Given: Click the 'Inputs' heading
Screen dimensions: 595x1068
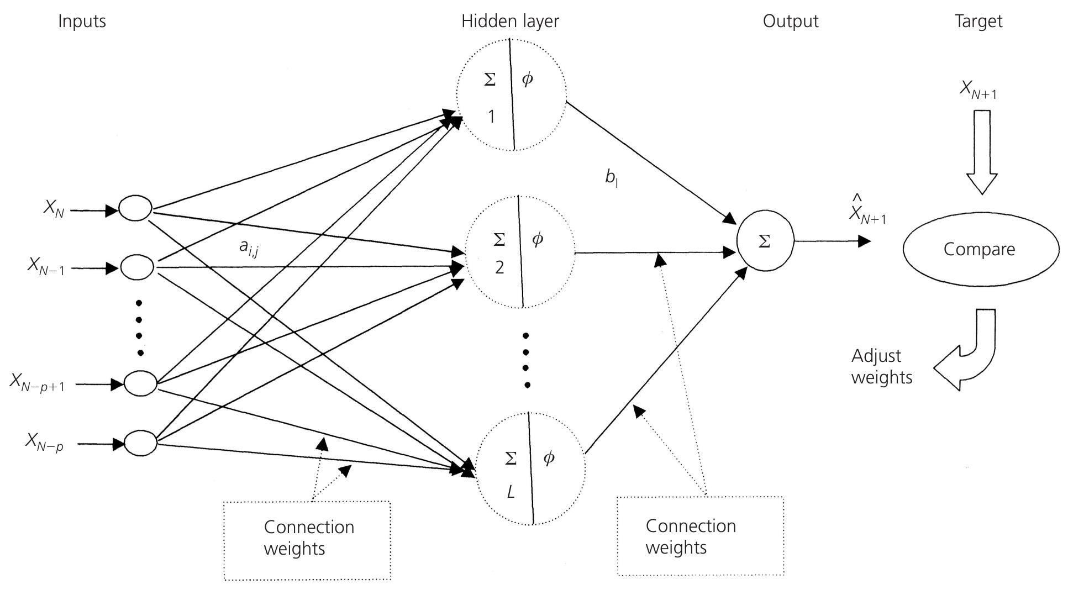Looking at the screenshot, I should [82, 22].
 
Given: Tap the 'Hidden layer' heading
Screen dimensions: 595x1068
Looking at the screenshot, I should [510, 22].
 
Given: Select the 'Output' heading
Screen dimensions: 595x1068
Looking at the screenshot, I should [790, 22].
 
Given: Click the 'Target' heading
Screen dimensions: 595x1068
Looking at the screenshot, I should [978, 22].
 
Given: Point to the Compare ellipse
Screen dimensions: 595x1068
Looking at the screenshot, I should [981, 249].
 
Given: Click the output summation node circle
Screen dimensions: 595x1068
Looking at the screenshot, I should [765, 241].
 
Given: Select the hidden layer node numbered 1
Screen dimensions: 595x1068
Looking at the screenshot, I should [511, 94].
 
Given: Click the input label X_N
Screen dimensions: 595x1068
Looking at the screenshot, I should [54, 209].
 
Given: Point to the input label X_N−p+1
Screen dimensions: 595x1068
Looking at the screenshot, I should [37, 382].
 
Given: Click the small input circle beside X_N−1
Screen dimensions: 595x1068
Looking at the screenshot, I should [137, 267].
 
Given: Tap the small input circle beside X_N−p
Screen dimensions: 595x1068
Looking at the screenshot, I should [140, 443].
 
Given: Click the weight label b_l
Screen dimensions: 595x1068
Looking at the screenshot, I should [611, 178].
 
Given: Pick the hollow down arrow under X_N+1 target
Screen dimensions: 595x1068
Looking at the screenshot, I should [981, 152].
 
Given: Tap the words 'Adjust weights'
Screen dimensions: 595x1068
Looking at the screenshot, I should [881, 366].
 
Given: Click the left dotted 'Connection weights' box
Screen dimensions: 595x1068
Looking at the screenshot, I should [307, 540].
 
